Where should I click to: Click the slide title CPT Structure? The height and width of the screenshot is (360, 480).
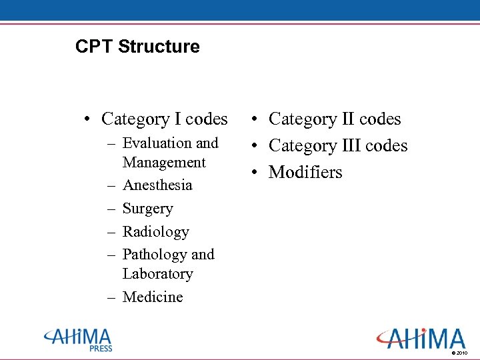tap(137, 47)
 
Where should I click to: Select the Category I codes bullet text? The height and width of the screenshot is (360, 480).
tap(164, 119)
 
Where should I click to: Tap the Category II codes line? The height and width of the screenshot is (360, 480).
tap(335, 119)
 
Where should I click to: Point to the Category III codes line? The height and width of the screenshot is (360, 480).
tap(337, 146)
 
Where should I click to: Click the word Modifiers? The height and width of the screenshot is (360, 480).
tap(305, 173)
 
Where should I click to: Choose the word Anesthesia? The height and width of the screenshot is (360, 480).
tap(157, 185)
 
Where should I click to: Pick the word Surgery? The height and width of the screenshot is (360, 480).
tap(147, 209)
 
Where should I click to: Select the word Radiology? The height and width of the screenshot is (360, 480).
tap(156, 232)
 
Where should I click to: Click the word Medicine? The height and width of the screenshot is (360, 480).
tap(153, 297)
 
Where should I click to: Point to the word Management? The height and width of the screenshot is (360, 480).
tap(164, 163)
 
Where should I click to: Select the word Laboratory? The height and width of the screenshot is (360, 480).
tap(158, 274)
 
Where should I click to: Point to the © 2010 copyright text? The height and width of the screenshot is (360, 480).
tap(460, 353)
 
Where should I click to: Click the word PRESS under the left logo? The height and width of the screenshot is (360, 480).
tap(101, 348)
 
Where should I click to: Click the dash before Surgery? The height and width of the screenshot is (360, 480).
tap(110, 209)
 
